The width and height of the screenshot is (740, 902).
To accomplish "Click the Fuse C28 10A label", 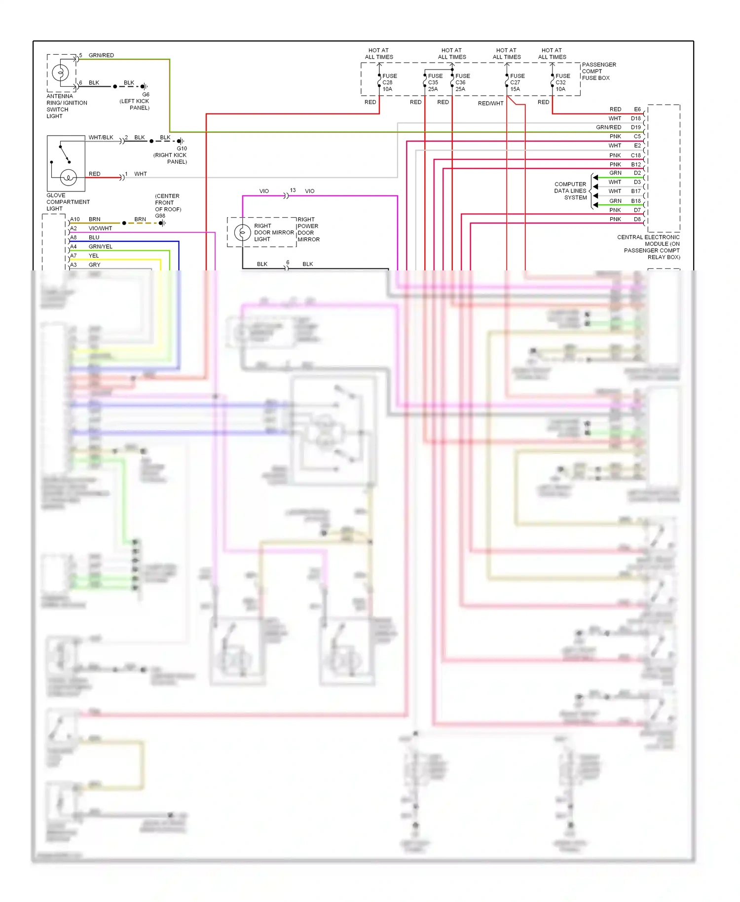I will tap(389, 82).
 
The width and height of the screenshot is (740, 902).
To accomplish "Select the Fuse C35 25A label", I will tap(435, 82).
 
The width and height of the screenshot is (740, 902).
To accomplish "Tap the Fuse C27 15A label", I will tap(517, 82).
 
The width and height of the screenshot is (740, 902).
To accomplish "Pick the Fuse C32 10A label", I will tap(562, 82).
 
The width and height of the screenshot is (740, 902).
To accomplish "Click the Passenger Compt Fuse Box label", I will tap(598, 71).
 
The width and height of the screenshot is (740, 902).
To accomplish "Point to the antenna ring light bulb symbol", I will tap(61, 73).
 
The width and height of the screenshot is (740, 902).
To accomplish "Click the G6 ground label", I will tap(146, 94).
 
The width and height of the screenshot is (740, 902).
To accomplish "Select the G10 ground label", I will tap(182, 148).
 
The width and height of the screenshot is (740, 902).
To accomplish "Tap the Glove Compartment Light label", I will tap(68, 202).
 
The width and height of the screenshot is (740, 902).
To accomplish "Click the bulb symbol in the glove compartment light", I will tap(68, 177).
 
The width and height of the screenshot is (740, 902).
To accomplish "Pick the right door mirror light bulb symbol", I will tap(242, 232).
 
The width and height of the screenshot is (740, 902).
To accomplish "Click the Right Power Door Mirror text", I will tap(308, 229).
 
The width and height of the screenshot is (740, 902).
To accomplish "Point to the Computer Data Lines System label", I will tap(571, 190).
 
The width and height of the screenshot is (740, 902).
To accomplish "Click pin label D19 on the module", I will tap(635, 127).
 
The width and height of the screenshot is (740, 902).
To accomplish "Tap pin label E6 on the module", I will tap(637, 109).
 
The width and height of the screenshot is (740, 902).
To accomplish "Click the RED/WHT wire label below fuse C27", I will tap(490, 103).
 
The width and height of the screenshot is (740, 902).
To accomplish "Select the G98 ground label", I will tap(160, 216).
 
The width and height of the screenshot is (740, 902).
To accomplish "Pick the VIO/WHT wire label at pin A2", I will tap(100, 228).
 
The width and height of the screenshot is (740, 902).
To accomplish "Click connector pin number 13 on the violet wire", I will tap(293, 190).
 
